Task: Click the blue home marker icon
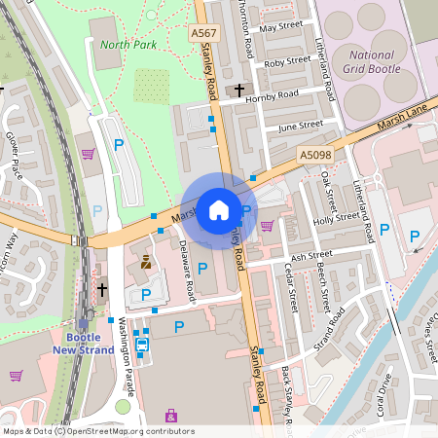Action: pyautogui.click(x=219, y=209)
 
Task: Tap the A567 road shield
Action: pyautogui.click(x=204, y=33)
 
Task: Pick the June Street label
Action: pyautogui.click(x=300, y=126)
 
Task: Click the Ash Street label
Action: pyautogui.click(x=311, y=255)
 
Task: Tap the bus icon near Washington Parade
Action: pyautogui.click(x=142, y=344)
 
